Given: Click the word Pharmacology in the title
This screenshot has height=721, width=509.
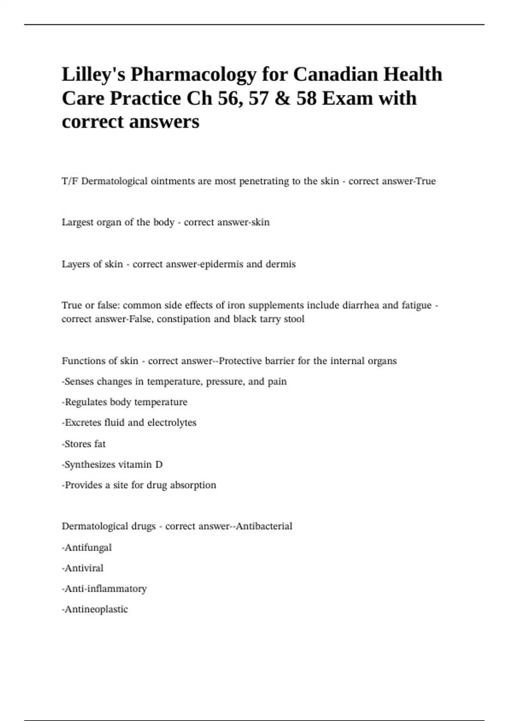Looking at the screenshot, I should (x=193, y=75).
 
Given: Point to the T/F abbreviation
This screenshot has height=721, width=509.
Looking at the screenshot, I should (x=70, y=181).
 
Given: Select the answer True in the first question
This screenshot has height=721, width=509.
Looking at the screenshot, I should (x=425, y=181).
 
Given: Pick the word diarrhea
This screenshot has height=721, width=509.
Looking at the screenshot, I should (x=359, y=305).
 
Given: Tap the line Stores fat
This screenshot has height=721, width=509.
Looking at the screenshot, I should (x=84, y=444).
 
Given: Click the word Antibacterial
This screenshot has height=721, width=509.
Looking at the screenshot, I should (x=264, y=526).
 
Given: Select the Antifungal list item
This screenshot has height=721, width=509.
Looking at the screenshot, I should (x=87, y=548).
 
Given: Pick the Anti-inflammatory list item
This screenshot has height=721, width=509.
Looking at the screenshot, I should (x=105, y=589).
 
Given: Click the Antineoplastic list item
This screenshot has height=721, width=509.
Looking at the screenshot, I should (x=95, y=609).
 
